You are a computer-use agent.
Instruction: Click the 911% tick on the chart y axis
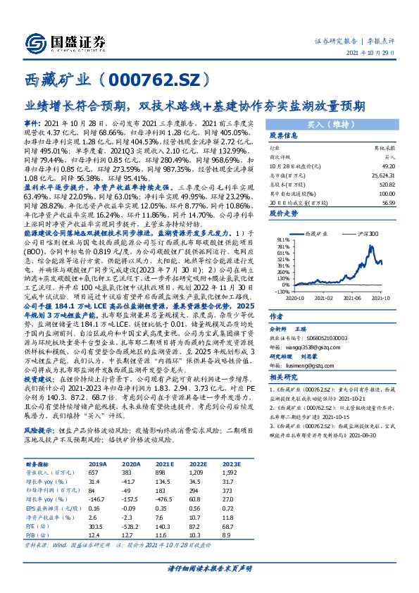point(282,239)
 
